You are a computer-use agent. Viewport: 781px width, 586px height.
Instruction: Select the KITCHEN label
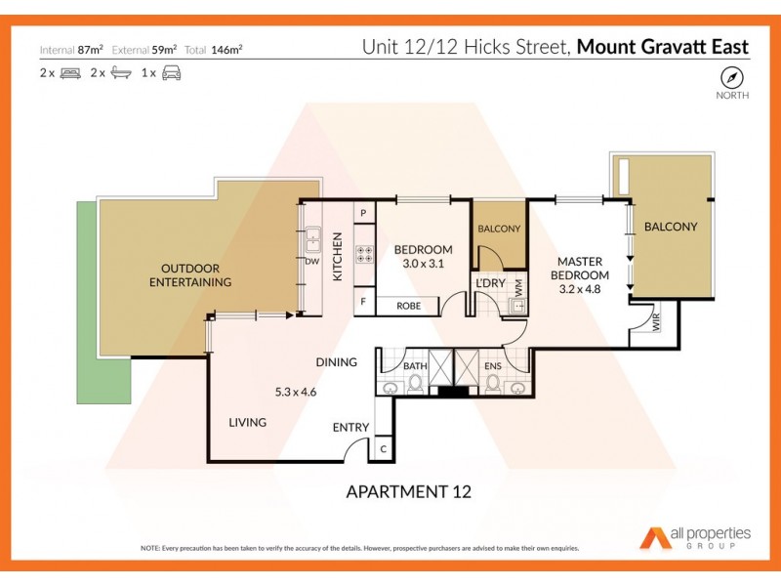coord(338,257)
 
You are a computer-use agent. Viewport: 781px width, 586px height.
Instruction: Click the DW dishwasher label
coord(312,262)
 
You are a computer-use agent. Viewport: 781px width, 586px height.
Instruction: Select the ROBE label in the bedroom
coord(409,306)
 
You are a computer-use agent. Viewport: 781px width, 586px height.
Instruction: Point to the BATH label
coord(416,366)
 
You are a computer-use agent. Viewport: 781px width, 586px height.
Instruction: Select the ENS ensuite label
coord(493,366)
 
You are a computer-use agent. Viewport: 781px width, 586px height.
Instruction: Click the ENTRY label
coord(350,427)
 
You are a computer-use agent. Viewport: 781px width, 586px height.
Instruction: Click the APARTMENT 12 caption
coord(409,491)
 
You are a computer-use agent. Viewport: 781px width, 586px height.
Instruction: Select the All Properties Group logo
coord(695,537)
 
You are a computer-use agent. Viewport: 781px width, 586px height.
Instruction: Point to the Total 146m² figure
coord(220,48)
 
